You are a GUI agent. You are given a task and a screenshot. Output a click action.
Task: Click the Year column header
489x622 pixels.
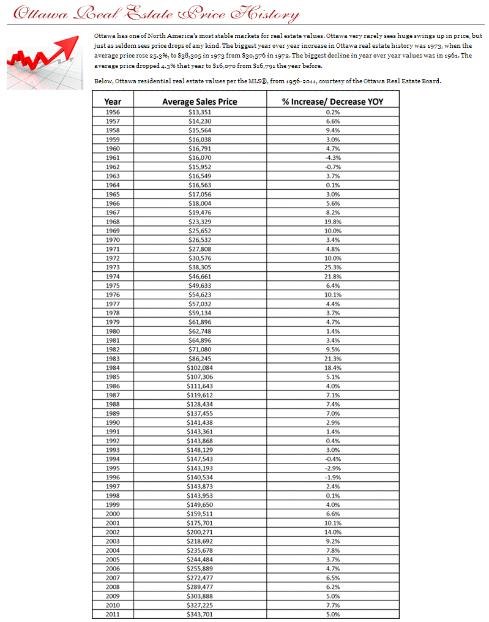[113, 102]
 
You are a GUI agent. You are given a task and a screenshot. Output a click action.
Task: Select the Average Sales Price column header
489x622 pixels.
[200, 102]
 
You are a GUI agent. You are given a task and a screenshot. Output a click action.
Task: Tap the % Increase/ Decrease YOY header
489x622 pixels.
[332, 102]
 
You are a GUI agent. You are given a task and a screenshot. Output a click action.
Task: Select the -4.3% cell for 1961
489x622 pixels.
[332, 157]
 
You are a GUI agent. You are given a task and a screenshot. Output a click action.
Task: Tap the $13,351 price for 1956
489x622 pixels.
[200, 112]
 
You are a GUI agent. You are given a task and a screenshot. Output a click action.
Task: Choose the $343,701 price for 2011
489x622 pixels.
[200, 614]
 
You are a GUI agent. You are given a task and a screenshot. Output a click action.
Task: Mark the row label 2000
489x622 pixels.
[113, 514]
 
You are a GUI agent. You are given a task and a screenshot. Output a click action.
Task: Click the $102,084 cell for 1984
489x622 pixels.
[200, 367]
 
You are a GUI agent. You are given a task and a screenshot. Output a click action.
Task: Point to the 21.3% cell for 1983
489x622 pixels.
[332, 358]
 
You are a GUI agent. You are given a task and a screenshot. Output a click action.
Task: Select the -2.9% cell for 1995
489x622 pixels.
[332, 468]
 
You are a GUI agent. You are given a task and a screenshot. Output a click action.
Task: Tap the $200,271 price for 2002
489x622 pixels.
[200, 532]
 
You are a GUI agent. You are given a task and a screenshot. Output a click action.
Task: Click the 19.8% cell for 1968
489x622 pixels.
[332, 221]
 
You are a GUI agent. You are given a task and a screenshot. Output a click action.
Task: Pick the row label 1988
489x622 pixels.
[113, 404]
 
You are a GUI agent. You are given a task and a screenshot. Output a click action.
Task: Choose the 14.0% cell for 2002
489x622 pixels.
[332, 532]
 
